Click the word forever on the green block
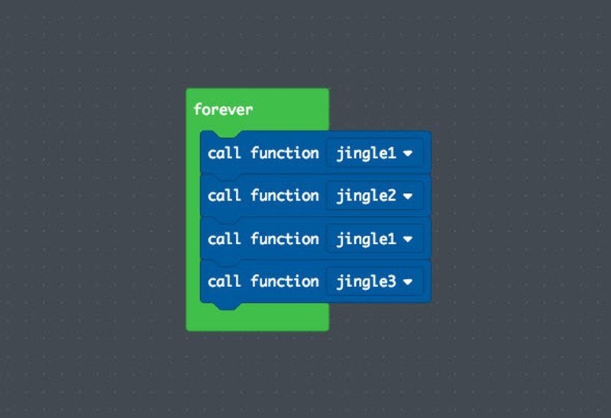coord(223,109)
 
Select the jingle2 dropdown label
coord(366,196)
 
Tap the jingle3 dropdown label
coord(366,281)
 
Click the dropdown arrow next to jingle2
coord(408,196)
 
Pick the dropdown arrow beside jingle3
coord(408,281)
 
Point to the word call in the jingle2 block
coord(224,195)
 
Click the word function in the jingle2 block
coord(285,195)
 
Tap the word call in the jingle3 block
coord(224,281)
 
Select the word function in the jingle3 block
coord(285,281)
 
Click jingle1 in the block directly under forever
coord(366,153)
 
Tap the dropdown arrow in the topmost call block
coord(408,153)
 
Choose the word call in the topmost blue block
coord(224,153)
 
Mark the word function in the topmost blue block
coord(285,153)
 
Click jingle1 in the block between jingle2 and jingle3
coord(366,239)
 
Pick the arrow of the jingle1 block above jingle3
coord(408,239)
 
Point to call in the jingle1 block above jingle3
coord(224,239)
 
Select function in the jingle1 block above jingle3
coord(285,239)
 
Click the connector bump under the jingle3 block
coord(227,306)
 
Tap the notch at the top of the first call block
coord(227,134)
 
